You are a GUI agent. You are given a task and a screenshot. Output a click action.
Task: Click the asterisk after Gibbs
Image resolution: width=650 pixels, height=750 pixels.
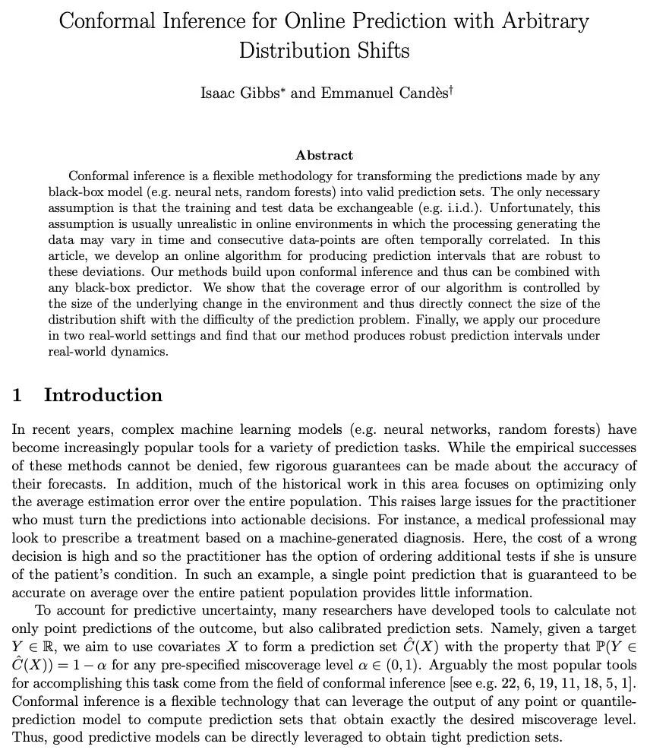[x=283, y=89]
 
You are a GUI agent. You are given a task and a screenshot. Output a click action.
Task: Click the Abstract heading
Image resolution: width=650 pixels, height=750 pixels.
[x=324, y=155]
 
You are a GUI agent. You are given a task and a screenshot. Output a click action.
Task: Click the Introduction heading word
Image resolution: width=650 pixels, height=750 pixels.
[x=103, y=395]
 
